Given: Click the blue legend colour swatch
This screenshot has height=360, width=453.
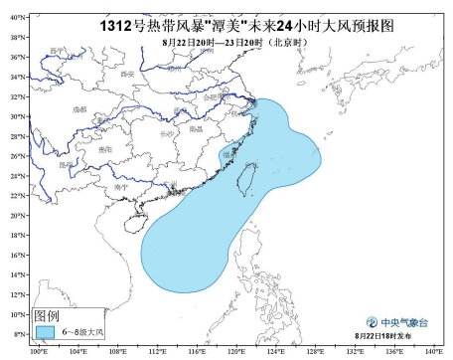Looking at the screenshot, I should point(44,330).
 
